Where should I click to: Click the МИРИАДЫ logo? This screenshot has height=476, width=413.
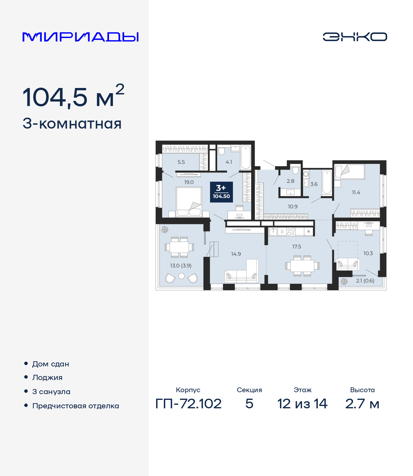click(81, 37)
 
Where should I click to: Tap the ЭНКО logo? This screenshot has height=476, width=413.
click(355, 37)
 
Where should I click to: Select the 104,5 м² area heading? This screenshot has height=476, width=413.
click(73, 97)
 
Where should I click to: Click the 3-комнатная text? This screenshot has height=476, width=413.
click(72, 124)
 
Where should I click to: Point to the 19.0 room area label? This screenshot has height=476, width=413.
click(189, 182)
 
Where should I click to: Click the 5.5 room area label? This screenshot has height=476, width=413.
click(181, 162)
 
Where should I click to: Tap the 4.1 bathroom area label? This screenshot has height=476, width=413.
click(229, 162)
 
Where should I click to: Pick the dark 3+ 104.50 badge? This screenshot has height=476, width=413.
click(221, 192)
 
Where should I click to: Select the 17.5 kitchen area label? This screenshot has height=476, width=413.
click(297, 247)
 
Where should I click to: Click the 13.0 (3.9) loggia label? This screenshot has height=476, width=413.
click(181, 266)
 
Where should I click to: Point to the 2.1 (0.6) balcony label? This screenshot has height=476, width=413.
click(365, 281)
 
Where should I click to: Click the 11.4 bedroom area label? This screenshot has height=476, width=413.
click(356, 192)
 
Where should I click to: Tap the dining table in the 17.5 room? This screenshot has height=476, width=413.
click(302, 266)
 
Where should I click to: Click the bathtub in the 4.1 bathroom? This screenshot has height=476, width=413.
click(246, 157)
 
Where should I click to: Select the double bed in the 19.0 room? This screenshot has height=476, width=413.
click(189, 202)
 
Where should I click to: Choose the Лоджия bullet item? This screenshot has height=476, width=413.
click(47, 377)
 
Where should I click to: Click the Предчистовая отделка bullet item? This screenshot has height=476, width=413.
click(76, 406)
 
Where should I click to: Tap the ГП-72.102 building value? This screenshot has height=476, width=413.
click(188, 404)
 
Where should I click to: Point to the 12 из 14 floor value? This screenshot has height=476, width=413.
click(302, 404)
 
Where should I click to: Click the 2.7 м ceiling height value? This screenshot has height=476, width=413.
click(362, 404)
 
